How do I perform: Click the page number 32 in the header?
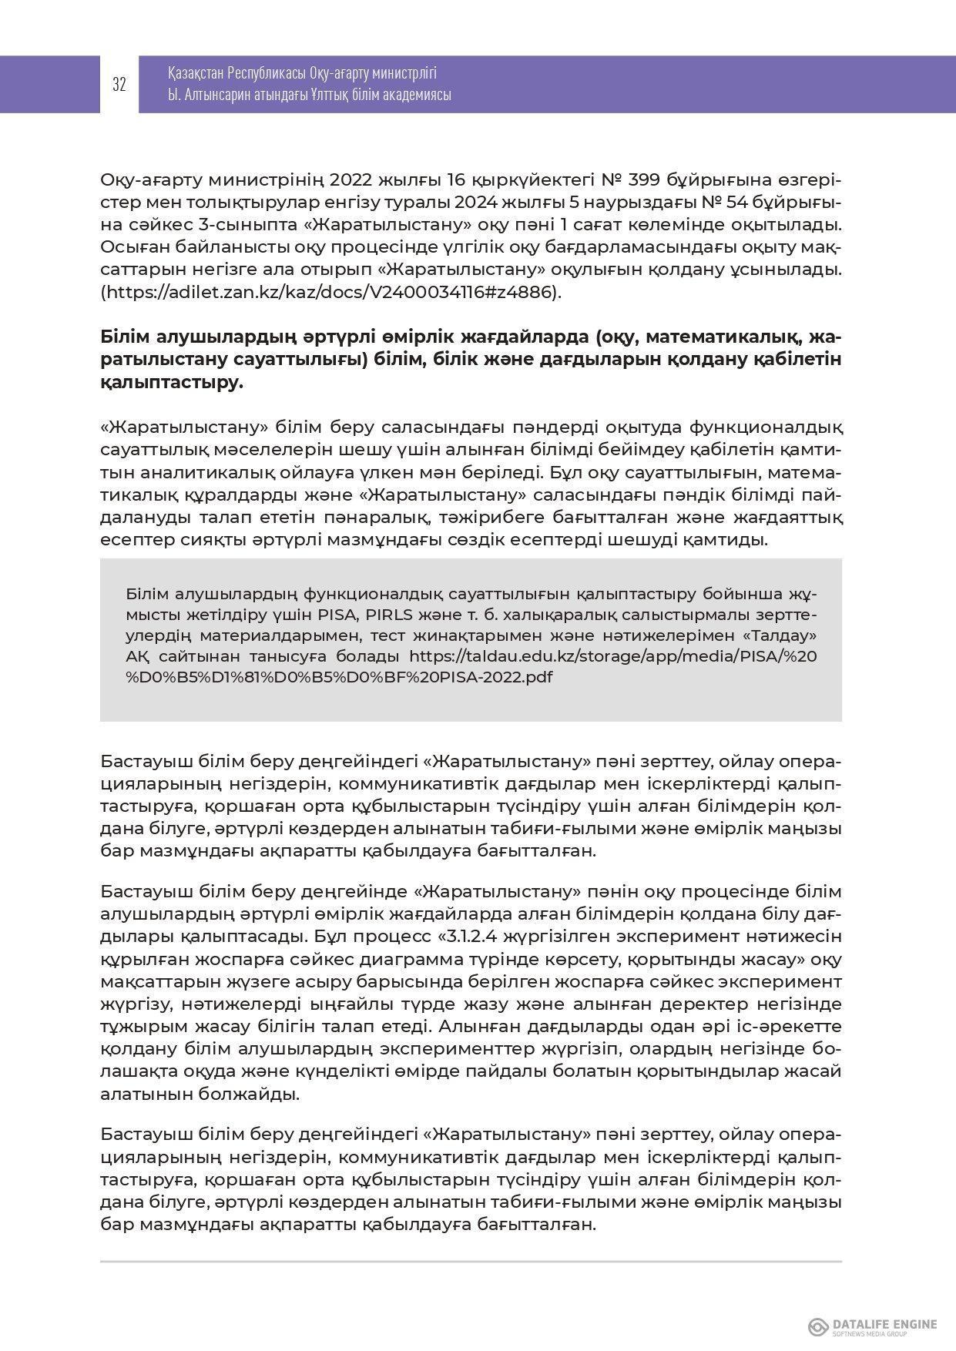(119, 85)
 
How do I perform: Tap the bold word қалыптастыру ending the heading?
(171, 383)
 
